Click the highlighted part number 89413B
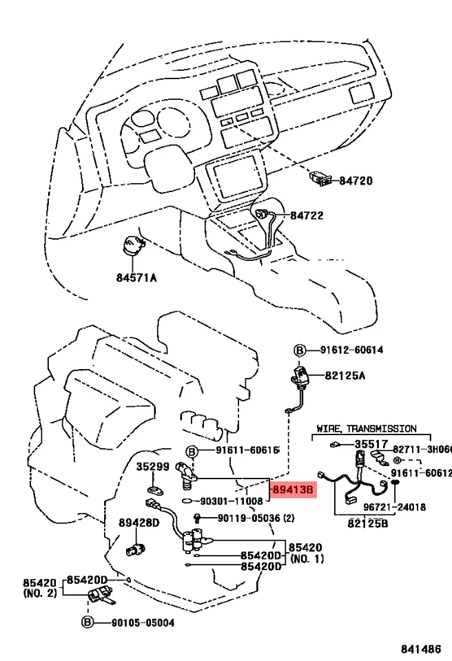pyautogui.click(x=294, y=490)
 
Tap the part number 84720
pyautogui.click(x=356, y=181)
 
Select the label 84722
pyautogui.click(x=307, y=216)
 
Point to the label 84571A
pyautogui.click(x=136, y=277)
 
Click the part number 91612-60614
pyautogui.click(x=351, y=350)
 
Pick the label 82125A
pyautogui.click(x=345, y=375)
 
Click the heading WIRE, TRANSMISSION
pyautogui.click(x=367, y=429)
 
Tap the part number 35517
pyautogui.click(x=371, y=444)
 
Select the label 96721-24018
pyautogui.click(x=395, y=507)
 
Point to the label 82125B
pyautogui.click(x=368, y=523)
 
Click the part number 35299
pyautogui.click(x=153, y=467)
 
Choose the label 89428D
pyautogui.click(x=139, y=523)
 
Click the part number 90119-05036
pyautogui.click(x=249, y=518)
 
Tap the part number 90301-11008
pyautogui.click(x=232, y=501)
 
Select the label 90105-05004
pyautogui.click(x=143, y=622)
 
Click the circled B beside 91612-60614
pyautogui.click(x=299, y=350)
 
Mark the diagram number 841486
pyautogui.click(x=421, y=649)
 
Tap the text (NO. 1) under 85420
pyautogui.click(x=307, y=559)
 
